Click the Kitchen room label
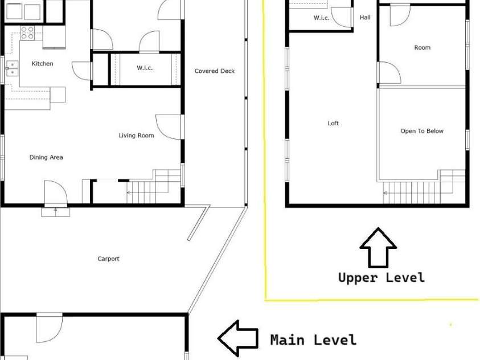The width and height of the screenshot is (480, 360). pyautogui.click(x=43, y=64)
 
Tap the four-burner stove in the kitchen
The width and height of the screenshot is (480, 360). pyautogui.click(x=27, y=33)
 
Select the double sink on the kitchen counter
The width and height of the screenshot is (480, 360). pyautogui.click(x=13, y=68)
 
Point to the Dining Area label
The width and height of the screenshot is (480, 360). pyautogui.click(x=46, y=157)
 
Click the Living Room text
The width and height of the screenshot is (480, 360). pyautogui.click(x=136, y=136)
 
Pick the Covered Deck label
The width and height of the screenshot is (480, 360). pyautogui.click(x=215, y=71)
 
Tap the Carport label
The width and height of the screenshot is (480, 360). pyautogui.click(x=108, y=259)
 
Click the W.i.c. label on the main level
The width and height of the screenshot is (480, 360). pyautogui.click(x=145, y=68)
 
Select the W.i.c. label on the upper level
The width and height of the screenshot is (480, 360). pyautogui.click(x=322, y=18)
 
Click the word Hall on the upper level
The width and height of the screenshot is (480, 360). pyautogui.click(x=365, y=18)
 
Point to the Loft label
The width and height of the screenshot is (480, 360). pyautogui.click(x=333, y=123)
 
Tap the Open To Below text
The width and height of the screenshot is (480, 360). pyautogui.click(x=422, y=131)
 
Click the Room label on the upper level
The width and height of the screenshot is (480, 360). pyautogui.click(x=422, y=47)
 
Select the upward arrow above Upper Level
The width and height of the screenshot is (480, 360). pyautogui.click(x=379, y=247)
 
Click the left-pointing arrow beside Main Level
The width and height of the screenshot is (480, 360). pyautogui.click(x=238, y=338)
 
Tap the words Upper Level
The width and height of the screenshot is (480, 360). pyautogui.click(x=381, y=277)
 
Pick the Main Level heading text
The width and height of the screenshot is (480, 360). pyautogui.click(x=314, y=340)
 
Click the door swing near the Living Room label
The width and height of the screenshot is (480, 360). pyautogui.click(x=168, y=126)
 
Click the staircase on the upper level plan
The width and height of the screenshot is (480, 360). pyautogui.click(x=424, y=187)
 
